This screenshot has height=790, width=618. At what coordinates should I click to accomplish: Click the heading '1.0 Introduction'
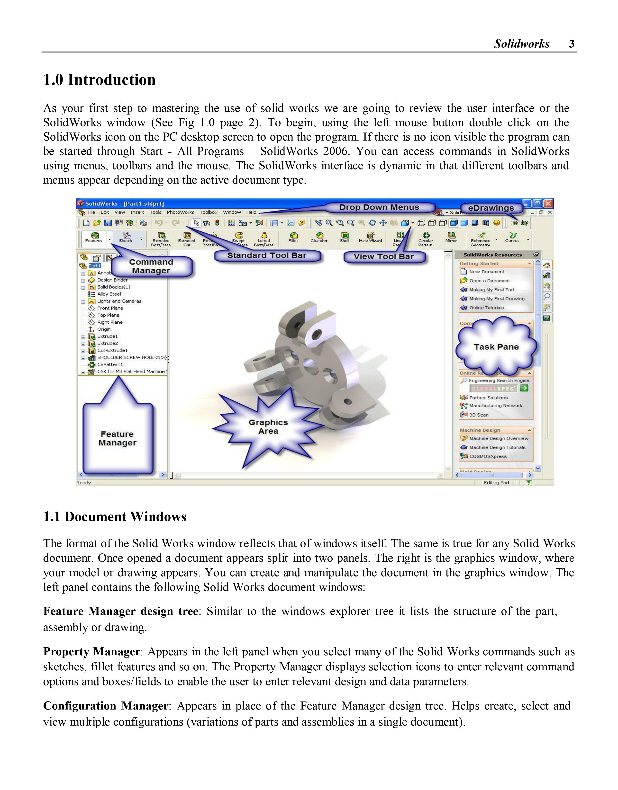click(99, 80)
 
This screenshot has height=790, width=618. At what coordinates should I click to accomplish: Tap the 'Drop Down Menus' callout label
click(379, 207)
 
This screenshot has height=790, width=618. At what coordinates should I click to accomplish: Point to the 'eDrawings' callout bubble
click(491, 208)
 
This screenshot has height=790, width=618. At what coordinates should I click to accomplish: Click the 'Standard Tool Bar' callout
click(267, 255)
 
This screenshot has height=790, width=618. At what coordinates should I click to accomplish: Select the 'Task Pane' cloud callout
click(496, 347)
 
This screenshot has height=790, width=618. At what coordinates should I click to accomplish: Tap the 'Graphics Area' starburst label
click(268, 427)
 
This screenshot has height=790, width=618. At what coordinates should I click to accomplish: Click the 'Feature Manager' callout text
click(117, 438)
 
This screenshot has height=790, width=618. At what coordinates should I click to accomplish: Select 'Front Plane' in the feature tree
click(110, 308)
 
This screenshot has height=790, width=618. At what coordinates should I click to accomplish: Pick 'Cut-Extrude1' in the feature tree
click(112, 351)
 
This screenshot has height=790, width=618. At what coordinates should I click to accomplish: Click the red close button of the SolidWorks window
click(548, 204)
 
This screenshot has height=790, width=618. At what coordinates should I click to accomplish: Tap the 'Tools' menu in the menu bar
click(156, 212)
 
